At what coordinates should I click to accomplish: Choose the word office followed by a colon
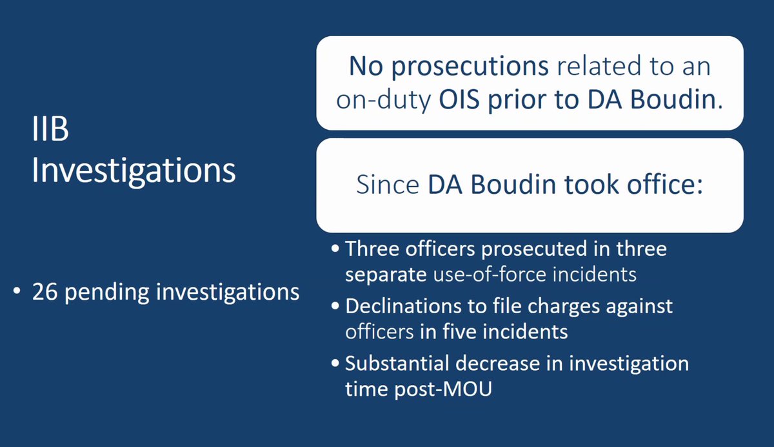[x=660, y=186]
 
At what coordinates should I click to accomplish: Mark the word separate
[x=384, y=274]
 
